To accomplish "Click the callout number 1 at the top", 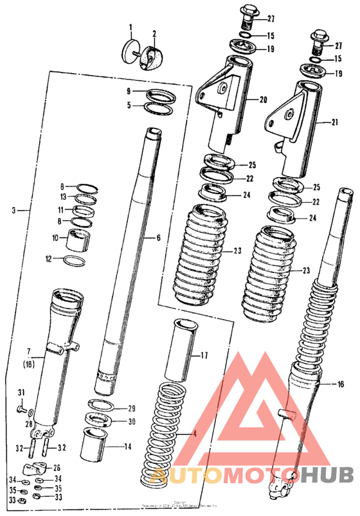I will (130, 28).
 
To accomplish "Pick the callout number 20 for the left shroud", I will (263, 100).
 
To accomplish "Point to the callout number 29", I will (131, 409).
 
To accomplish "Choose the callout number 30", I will (131, 422).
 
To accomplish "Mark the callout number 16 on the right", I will (340, 384).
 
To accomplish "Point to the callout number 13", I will (63, 197).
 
